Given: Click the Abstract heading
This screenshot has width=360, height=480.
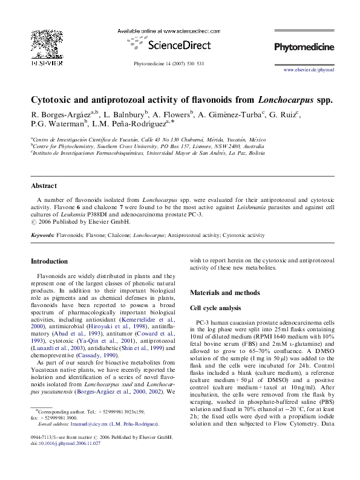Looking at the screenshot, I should [x=44, y=186].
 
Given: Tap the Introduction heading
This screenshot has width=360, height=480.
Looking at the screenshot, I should [x=49, y=261].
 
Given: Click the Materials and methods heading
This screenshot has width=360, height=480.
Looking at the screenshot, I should [x=225, y=293].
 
